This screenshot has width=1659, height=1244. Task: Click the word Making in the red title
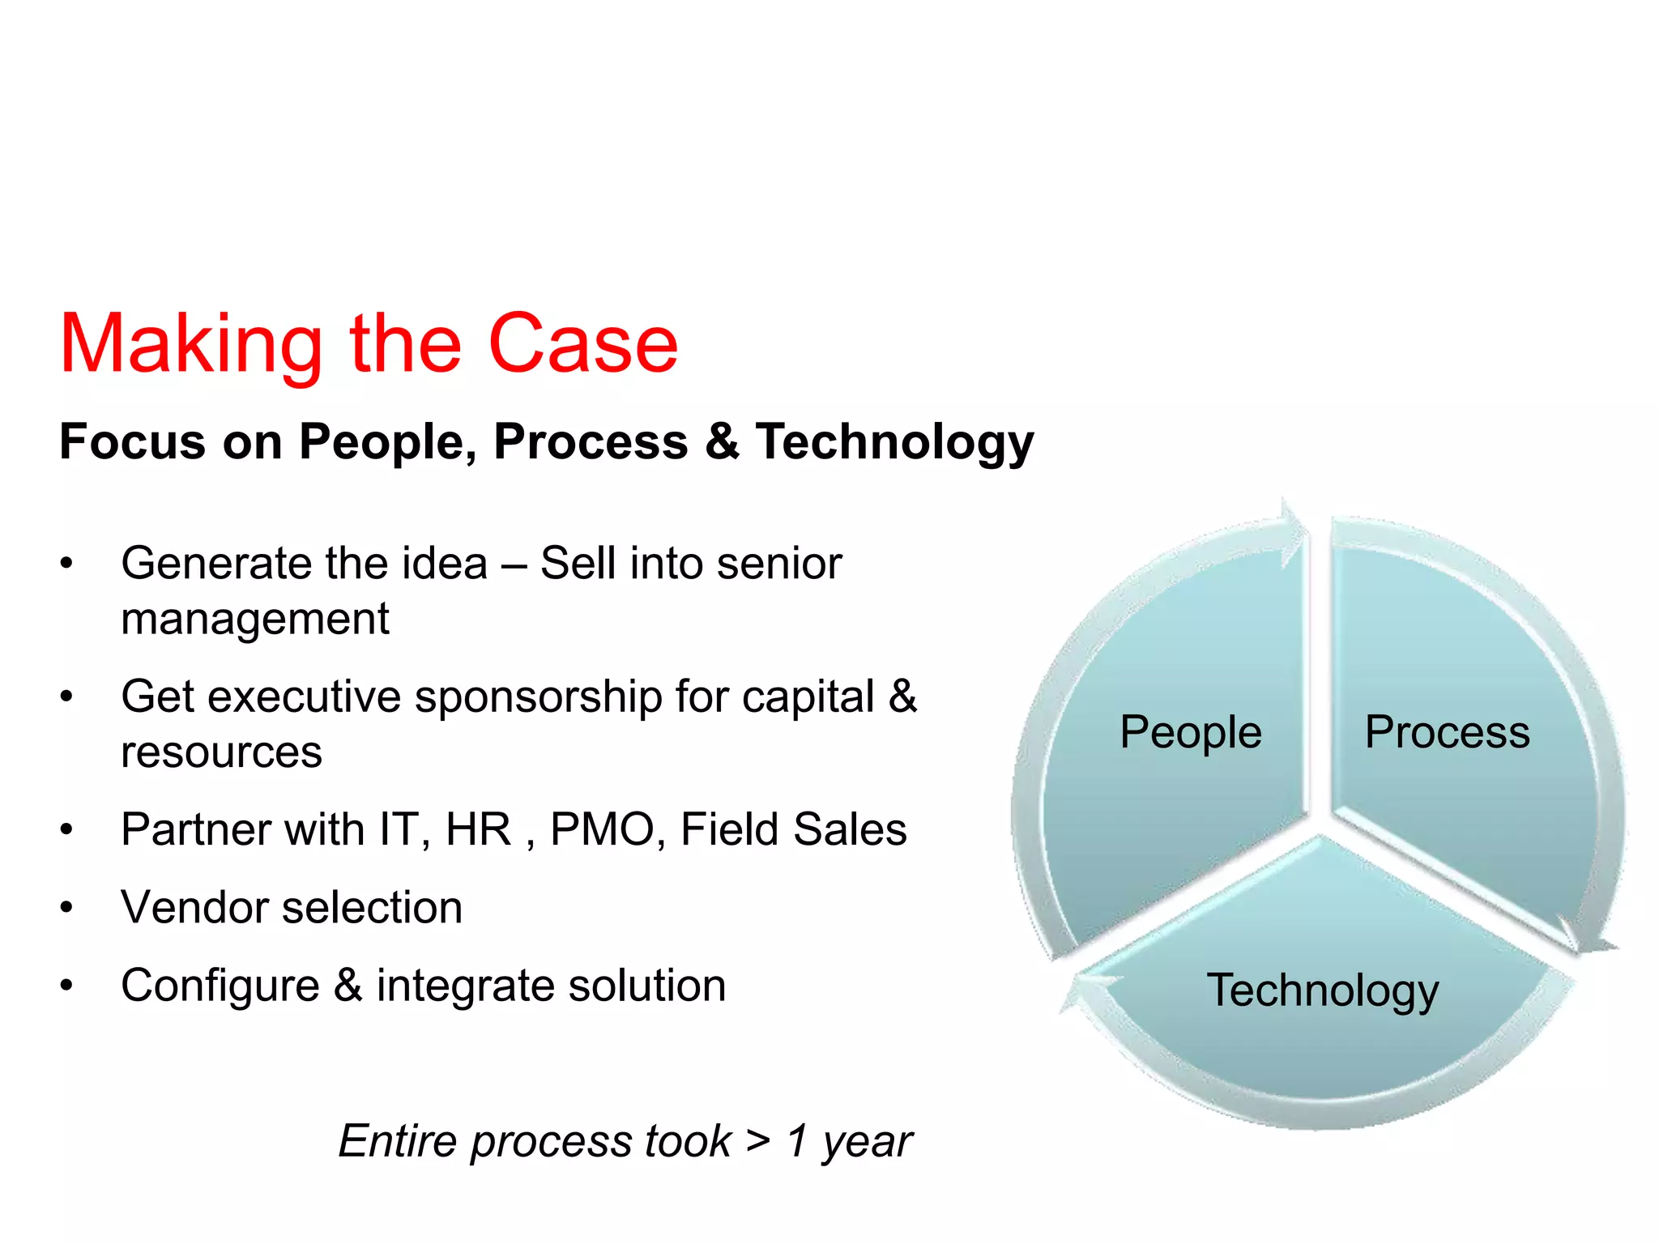point(191,345)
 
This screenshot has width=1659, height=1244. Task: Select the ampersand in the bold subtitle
point(722,442)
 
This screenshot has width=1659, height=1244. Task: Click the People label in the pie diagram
point(1190,732)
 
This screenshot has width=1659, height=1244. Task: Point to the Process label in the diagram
point(1447,732)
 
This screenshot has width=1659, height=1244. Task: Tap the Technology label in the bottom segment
point(1322,990)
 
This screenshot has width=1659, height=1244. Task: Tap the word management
point(254,620)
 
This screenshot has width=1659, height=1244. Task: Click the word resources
point(221,752)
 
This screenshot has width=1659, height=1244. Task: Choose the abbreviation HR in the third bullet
point(479,830)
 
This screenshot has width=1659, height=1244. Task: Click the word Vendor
point(194,908)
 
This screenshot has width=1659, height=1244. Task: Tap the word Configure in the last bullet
point(220,986)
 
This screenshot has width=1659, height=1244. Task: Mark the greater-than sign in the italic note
point(758,1140)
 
